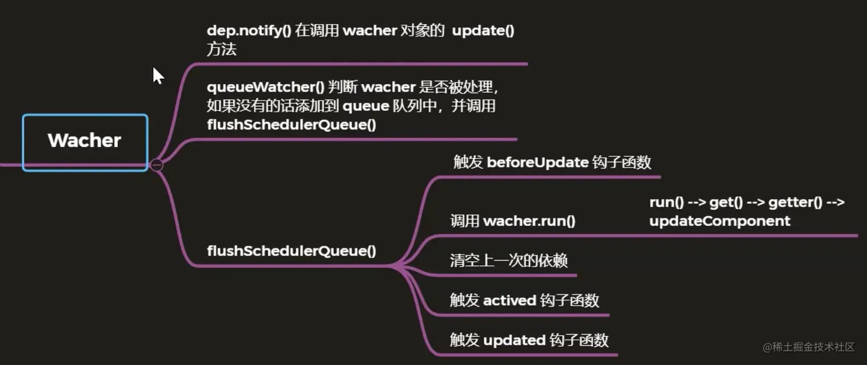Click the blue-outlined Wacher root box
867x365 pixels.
(85, 142)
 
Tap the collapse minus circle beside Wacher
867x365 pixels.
(157, 165)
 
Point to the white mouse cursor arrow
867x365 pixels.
(157, 75)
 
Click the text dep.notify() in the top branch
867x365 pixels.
(249, 31)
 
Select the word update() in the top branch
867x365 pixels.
(483, 31)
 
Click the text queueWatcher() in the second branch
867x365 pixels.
(265, 88)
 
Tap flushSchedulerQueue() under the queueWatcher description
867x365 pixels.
(291, 124)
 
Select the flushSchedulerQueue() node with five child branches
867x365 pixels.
(291, 251)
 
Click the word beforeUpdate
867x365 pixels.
(537, 163)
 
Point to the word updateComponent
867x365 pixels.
(720, 221)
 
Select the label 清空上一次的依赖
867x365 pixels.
(509, 261)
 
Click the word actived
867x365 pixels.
(510, 300)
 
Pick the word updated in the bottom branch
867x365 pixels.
(514, 340)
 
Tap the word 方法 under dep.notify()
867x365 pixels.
(221, 50)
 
